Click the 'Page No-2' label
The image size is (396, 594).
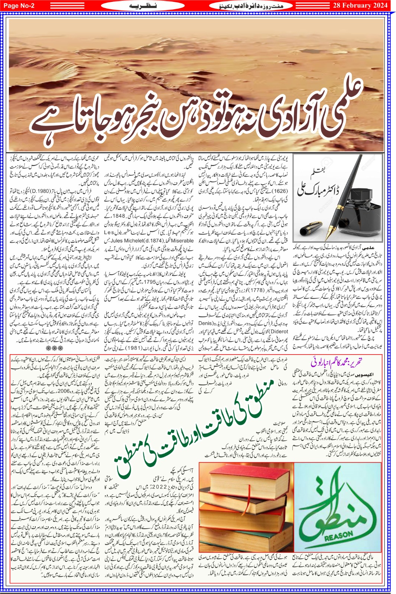tap(19, 5)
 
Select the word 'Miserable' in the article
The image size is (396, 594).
tap(182, 241)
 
